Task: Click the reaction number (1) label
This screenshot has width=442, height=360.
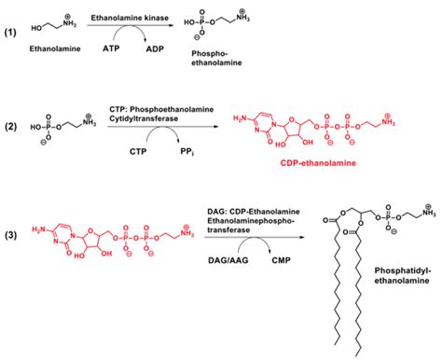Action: (x=10, y=33)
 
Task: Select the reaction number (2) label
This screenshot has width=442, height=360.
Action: (x=10, y=127)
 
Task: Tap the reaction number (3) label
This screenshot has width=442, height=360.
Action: (x=10, y=235)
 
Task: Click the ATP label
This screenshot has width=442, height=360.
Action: (x=111, y=48)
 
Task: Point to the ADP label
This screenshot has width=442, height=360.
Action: (x=155, y=48)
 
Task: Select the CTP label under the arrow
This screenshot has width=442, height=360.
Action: (x=138, y=151)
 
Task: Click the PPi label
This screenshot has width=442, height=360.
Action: (x=187, y=152)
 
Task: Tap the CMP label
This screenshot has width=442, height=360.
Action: (x=281, y=260)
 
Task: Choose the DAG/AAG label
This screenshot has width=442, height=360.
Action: (x=228, y=260)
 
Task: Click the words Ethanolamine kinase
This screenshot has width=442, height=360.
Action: (x=130, y=18)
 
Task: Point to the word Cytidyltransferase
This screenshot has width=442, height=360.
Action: (x=144, y=118)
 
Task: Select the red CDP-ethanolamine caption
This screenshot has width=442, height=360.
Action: (x=318, y=163)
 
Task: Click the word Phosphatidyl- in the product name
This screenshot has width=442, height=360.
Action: (x=403, y=270)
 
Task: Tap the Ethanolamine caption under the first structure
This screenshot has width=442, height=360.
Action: (x=55, y=48)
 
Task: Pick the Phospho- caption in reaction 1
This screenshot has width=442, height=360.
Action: (x=210, y=53)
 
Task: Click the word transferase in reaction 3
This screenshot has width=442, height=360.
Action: (x=228, y=230)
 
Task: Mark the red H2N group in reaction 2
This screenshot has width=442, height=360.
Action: (x=239, y=118)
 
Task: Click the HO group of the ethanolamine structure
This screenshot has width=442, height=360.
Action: (x=36, y=28)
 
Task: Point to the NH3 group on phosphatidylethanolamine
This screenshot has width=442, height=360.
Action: (x=429, y=213)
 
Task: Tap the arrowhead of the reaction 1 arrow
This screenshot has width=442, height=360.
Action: (x=171, y=25)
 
